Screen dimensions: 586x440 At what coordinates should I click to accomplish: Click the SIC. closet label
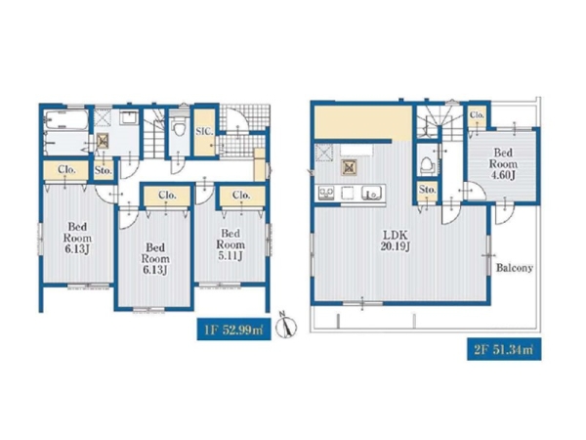point(204,131)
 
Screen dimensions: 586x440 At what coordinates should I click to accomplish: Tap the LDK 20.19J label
point(397,241)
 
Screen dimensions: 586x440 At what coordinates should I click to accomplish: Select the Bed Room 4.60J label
point(503,164)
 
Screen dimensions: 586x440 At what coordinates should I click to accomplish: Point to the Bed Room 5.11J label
point(230,244)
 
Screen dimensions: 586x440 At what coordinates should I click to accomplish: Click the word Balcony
point(515,268)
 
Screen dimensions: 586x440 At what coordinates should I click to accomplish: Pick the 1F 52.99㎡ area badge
point(234,330)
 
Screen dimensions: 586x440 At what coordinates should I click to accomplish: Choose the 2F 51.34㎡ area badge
point(504,350)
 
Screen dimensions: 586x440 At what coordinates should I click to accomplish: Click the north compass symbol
point(286,326)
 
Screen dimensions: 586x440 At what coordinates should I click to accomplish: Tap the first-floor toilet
point(179,128)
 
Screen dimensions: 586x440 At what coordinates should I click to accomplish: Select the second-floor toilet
point(427,165)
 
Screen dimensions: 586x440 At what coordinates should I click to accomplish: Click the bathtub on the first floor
point(66,119)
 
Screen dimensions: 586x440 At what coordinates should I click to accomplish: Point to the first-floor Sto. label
point(104,170)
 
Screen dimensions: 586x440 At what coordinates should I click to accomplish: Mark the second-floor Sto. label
point(427,190)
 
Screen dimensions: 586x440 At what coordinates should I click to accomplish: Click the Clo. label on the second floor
point(477,114)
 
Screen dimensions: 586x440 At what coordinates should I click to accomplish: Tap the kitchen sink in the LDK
point(371,193)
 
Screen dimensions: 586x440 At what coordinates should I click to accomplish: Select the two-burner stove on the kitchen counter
point(326,193)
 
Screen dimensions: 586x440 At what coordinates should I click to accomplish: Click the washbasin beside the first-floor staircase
point(129,117)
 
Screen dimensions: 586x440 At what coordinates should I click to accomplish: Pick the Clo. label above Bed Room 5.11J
point(241,195)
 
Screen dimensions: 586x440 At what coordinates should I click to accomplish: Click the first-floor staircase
point(154,134)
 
